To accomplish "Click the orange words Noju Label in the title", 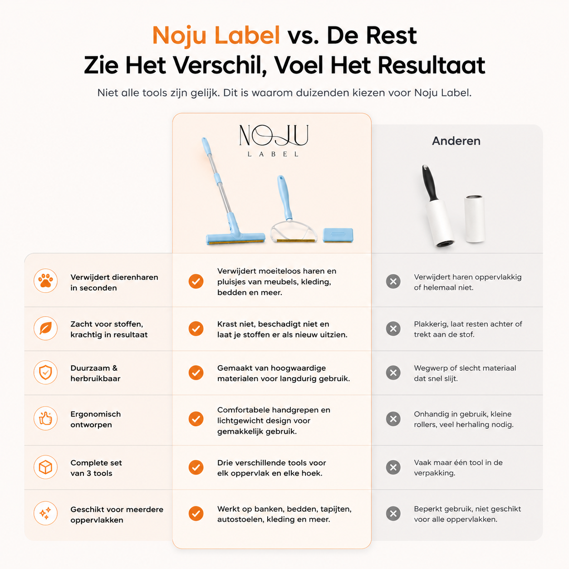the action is pos(216,35).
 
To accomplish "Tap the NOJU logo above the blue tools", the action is pos(274,140).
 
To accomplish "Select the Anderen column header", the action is pos(456,141).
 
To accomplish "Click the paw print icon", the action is pos(45,281).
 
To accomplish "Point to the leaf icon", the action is pos(45,328).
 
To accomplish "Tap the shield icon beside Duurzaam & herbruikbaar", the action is pos(45,373).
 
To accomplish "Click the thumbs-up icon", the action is pos(45,418).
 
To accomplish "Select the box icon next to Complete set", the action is pos(45,467).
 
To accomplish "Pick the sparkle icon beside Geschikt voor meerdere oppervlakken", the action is pos(45,514).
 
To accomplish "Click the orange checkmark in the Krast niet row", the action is pos(196,329).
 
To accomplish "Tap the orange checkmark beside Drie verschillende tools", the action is pos(196,467).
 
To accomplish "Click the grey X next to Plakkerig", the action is pos(393,329).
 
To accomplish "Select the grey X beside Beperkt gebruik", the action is pos(393,514).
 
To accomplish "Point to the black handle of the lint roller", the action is pos(430,182).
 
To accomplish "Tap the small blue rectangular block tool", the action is pos(338,235).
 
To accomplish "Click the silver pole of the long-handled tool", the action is pos(219,182).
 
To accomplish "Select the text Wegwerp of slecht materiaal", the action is pos(465,368).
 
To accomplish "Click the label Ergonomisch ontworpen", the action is pos(96,419).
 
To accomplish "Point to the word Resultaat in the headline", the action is pos(431,65).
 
